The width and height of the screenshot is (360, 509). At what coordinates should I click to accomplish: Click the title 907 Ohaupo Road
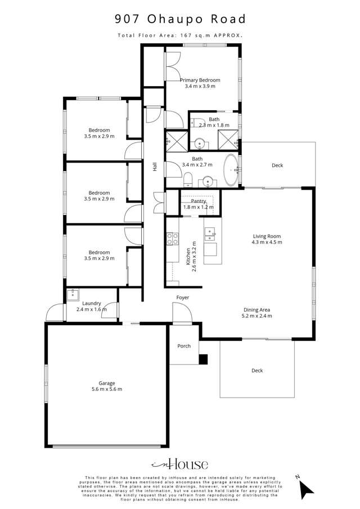pos(180,19)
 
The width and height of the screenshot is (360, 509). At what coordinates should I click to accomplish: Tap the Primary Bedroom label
pos(200,80)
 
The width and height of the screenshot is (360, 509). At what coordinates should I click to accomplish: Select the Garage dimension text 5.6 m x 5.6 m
pos(107,389)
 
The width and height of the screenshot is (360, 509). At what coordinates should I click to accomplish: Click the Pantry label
pos(199,201)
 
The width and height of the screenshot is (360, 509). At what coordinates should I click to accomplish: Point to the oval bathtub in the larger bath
pos(231,170)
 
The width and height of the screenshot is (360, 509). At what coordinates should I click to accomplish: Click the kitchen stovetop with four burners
pos(172,238)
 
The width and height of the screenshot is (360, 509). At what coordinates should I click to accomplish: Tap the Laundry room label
pos(92,303)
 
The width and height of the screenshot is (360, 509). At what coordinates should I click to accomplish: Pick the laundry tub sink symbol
pos(73,295)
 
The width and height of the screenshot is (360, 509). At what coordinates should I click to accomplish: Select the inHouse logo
pos(179,465)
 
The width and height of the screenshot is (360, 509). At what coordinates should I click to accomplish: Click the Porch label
pos(184,346)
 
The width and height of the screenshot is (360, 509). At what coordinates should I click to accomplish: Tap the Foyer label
pos(182,298)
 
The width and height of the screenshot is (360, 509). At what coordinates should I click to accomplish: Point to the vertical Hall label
pos(155,167)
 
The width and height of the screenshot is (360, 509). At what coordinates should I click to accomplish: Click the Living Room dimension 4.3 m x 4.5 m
pos(267,242)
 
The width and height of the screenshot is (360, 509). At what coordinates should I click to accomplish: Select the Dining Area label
pos(256,310)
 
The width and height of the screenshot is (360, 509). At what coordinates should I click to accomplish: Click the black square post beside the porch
pos(203,359)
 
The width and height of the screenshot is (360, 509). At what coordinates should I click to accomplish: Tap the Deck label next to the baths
pos(277,165)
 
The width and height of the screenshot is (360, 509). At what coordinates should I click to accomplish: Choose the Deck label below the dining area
pos(257,371)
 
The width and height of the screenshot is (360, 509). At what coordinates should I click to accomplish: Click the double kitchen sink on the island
pos(210,235)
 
